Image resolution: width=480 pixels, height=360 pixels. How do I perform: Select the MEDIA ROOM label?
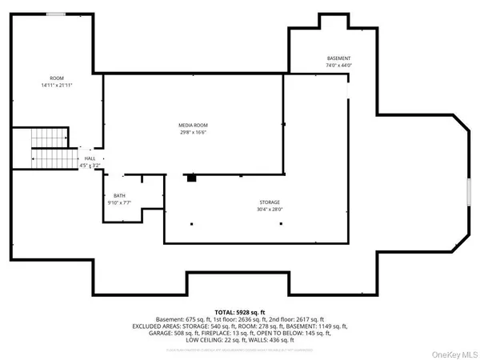click(194, 125)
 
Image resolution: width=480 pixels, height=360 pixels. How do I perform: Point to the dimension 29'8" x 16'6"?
click(194, 133)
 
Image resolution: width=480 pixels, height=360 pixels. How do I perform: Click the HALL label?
click(90, 159)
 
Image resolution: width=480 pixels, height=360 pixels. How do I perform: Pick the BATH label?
click(119, 196)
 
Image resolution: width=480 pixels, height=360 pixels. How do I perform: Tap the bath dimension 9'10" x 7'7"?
click(119, 203)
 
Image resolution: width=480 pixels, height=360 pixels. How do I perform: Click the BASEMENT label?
click(338, 59)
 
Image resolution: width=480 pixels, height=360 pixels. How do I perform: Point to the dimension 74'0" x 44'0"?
click(338, 66)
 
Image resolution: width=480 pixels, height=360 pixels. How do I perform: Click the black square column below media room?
click(191, 178)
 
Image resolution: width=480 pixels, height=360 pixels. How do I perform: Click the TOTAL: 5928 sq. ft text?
click(239, 311)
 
